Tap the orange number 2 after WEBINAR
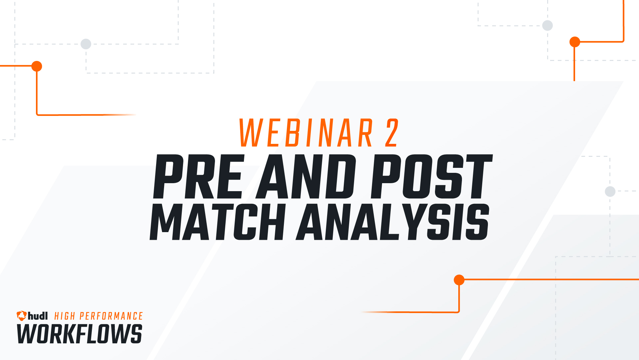pos(392,133)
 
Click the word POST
pos(431,177)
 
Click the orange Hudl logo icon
pos(22,316)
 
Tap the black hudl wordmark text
pos(38,316)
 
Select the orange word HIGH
pos(65,316)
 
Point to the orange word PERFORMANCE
pos(111,316)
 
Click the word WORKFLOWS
pos(80,334)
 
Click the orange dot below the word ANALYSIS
pos(459,280)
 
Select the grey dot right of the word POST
pos(610,191)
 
